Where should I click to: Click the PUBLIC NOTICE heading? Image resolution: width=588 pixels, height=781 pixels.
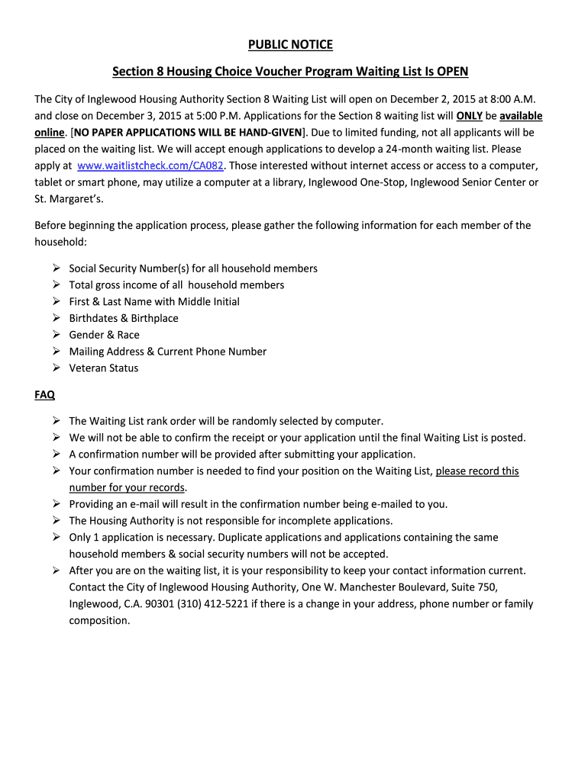pyautogui.click(x=294, y=45)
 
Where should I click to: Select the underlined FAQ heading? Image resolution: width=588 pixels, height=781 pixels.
pyautogui.click(x=44, y=395)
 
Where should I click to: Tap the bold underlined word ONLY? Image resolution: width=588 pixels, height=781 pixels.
pyautogui.click(x=469, y=116)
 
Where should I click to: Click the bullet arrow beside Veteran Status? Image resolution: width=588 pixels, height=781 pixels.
pyautogui.click(x=57, y=368)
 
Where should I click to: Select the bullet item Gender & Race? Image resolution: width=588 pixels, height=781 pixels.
pyautogui.click(x=104, y=335)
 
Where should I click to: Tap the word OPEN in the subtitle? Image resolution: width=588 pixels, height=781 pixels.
pyautogui.click(x=452, y=72)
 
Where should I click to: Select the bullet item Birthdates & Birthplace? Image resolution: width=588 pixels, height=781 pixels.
pyautogui.click(x=124, y=318)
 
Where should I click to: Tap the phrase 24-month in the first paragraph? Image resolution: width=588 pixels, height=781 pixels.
pyautogui.click(x=410, y=149)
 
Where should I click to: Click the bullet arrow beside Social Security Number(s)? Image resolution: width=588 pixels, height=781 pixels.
pyautogui.click(x=57, y=268)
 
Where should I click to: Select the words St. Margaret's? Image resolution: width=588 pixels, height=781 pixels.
pyautogui.click(x=66, y=199)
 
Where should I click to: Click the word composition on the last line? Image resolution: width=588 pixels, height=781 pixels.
pyautogui.click(x=99, y=621)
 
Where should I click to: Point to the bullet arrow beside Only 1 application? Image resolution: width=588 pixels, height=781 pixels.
pyautogui.click(x=57, y=537)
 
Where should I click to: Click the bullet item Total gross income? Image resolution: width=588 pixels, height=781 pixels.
pyautogui.click(x=176, y=285)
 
